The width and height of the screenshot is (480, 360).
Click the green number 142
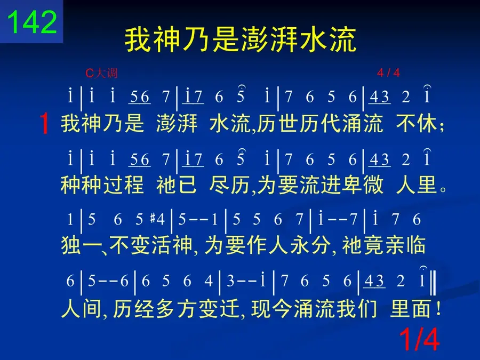(x=32, y=22)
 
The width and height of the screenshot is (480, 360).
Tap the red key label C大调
(x=101, y=73)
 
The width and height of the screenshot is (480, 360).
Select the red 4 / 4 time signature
(x=388, y=73)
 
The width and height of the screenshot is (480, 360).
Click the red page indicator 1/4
(x=419, y=339)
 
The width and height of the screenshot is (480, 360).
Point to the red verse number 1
(x=44, y=123)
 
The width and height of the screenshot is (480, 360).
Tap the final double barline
(x=433, y=281)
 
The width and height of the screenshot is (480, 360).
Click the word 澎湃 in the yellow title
(x=269, y=39)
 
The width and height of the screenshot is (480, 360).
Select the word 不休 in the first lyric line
(x=417, y=123)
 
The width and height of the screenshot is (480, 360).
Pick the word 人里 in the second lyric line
(x=417, y=185)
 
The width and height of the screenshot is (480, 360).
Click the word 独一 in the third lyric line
(x=81, y=245)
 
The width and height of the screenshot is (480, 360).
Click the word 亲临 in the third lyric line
(x=405, y=245)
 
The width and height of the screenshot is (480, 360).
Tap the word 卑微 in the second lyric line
(x=363, y=185)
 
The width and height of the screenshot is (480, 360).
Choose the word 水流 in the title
(x=328, y=39)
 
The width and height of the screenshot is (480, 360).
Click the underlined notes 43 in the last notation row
(x=374, y=281)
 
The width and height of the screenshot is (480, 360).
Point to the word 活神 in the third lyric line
(x=172, y=245)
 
